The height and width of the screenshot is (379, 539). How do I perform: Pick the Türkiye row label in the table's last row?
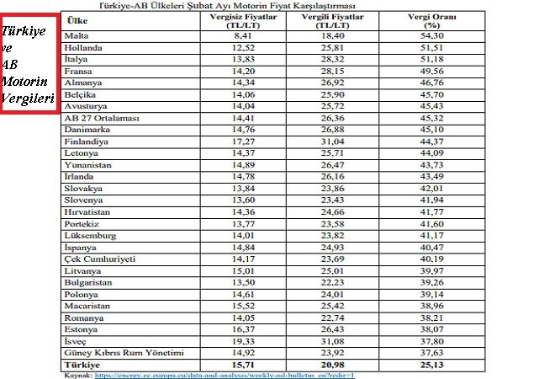tap(83, 364)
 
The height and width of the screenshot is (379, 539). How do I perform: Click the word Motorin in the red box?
tap(26, 82)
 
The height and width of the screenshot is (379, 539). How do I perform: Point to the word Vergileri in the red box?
tap(28, 99)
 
